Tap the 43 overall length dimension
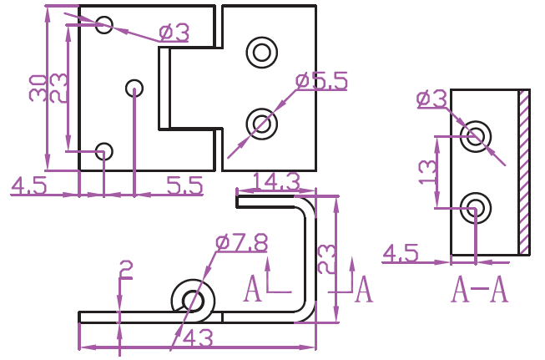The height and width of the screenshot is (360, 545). pyautogui.click(x=197, y=337)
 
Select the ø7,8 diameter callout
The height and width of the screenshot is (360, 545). pyautogui.click(x=241, y=243)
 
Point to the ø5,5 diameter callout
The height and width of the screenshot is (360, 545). pyautogui.click(x=321, y=82)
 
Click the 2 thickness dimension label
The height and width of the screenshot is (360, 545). pyautogui.click(x=125, y=269)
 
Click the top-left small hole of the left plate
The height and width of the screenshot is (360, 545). pyautogui.click(x=103, y=24)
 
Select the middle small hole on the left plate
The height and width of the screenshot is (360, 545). pyautogui.click(x=134, y=87)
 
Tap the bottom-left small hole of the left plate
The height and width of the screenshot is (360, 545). pyautogui.click(x=103, y=151)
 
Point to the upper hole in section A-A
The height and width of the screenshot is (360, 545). pyautogui.click(x=477, y=135)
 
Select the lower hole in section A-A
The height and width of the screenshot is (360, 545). pyautogui.click(x=477, y=205)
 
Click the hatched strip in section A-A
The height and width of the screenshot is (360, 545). pyautogui.click(x=524, y=171)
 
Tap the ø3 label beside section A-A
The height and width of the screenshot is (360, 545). pyautogui.click(x=431, y=99)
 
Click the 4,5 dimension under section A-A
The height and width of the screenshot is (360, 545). pyautogui.click(x=401, y=252)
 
